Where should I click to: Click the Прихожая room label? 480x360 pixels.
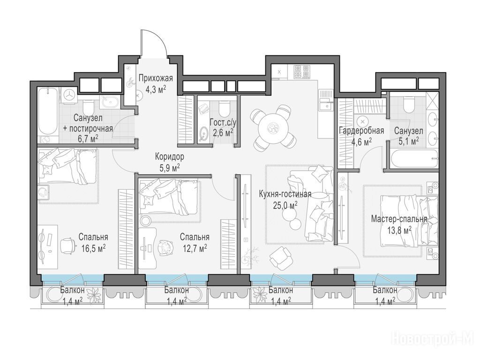(x=156, y=78)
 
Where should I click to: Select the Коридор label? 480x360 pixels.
(x=170, y=157)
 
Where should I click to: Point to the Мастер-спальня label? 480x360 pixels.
(x=399, y=219)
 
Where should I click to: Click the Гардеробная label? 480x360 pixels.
(x=361, y=131)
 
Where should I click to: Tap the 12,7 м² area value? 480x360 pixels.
(x=195, y=247)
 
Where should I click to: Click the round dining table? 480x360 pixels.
(x=273, y=127)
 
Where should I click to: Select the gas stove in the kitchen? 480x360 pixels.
(x=302, y=72)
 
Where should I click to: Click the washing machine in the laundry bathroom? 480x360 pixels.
(x=70, y=94)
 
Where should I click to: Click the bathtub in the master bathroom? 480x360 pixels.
(x=414, y=159)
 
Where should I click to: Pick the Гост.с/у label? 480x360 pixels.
(x=223, y=123)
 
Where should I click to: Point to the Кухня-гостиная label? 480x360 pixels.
(x=285, y=194)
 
